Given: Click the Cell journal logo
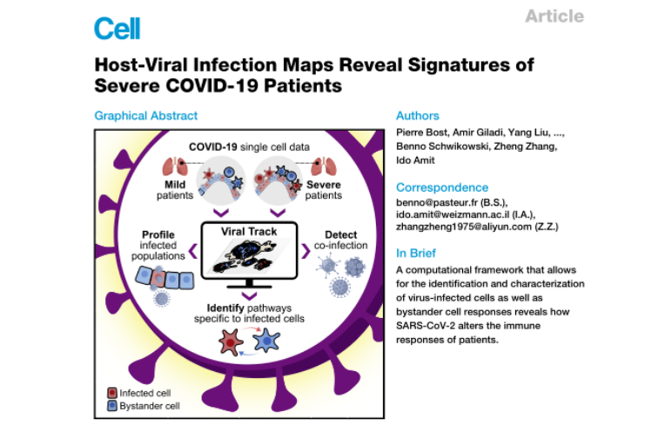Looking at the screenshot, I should pyautogui.click(x=117, y=29).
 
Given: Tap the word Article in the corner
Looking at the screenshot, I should pyautogui.click(x=555, y=17).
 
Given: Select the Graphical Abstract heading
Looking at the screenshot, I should pyautogui.click(x=145, y=116).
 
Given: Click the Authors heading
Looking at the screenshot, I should pyautogui.click(x=418, y=116).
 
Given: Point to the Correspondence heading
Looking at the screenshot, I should pyautogui.click(x=440, y=187).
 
